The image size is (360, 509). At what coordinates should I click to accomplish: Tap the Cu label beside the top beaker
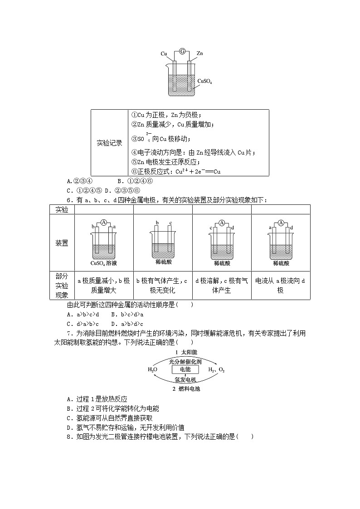click(x=164, y=53)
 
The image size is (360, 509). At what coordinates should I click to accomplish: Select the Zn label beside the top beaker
click(x=199, y=53)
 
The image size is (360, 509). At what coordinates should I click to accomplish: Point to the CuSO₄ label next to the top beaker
click(x=205, y=82)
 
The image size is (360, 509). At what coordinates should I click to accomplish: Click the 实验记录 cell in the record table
click(x=110, y=143)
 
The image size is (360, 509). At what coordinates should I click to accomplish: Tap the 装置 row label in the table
click(x=62, y=243)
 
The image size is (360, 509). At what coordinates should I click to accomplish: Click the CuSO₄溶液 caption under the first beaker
click(x=104, y=263)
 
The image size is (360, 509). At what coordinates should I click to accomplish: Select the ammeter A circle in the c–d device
click(x=222, y=223)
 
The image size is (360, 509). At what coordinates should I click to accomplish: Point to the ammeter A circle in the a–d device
click(x=281, y=223)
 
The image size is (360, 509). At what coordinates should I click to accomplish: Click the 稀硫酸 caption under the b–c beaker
click(x=163, y=262)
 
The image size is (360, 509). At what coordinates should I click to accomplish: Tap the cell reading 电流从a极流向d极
click(x=281, y=286)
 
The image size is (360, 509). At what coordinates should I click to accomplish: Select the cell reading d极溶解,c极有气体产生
click(x=222, y=286)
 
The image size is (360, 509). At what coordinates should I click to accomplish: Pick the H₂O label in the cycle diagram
click(x=153, y=370)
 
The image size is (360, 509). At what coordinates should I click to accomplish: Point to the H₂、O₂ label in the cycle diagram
click(x=216, y=370)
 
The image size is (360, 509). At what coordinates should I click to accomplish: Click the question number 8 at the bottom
click(x=69, y=436)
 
